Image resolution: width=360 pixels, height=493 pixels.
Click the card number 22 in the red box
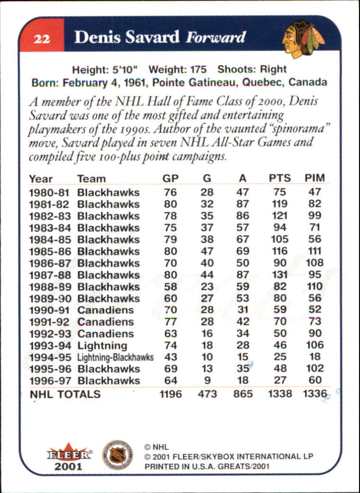[40, 38]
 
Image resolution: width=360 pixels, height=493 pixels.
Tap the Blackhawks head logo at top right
[303, 38]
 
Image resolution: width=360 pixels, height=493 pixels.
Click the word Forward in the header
[216, 37]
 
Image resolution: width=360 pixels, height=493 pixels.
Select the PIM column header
[315, 179]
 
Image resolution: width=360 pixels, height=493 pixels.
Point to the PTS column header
[280, 179]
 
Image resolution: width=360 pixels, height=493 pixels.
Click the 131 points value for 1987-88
[280, 275]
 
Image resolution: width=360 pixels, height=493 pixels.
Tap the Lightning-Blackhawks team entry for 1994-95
[116, 357]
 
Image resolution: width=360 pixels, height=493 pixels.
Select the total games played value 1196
[170, 394]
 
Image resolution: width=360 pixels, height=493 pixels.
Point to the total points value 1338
[279, 394]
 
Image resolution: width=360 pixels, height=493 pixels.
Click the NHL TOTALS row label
[65, 394]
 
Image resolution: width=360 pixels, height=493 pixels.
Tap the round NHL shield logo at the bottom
[118, 454]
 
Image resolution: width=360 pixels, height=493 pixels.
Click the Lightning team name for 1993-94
[102, 345]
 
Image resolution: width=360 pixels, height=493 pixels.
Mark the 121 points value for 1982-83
[280, 216]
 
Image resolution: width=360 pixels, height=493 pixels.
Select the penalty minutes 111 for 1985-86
[315, 251]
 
